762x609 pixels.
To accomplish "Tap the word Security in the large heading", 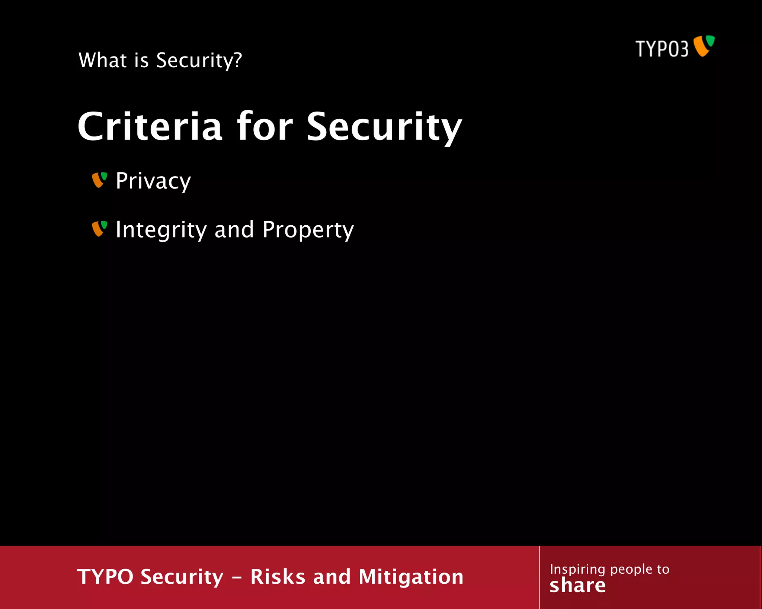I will [384, 127].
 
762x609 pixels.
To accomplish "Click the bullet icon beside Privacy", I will [99, 180].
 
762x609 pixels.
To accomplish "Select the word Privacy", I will [153, 181].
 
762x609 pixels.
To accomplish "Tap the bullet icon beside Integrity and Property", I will [99, 229].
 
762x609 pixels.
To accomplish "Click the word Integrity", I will [161, 230].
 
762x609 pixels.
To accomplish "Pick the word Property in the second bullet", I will [308, 230].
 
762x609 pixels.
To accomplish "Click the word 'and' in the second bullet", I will [234, 229].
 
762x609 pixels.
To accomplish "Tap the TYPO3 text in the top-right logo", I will [662, 49].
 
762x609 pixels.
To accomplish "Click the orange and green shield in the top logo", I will [704, 46].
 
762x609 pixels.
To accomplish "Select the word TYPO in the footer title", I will [105, 577].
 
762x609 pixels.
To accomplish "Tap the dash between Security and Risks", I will [237, 578].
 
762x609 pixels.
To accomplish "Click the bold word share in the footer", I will [577, 586].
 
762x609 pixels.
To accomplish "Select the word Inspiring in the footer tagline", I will [577, 570].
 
